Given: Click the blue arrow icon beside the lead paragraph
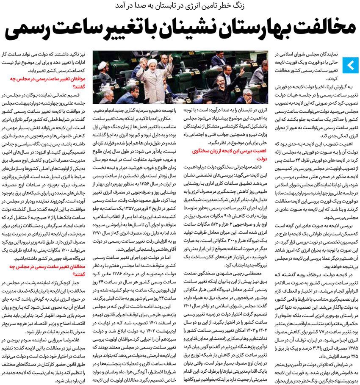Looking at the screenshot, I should [x=351, y=65].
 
